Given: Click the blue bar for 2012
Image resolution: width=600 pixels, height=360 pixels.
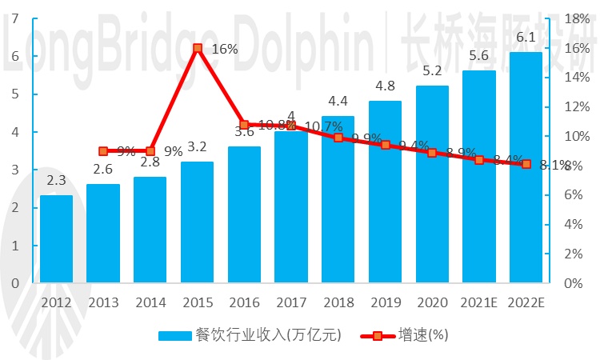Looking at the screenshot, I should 56,238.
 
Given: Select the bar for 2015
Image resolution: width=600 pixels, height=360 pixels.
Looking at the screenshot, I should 197,222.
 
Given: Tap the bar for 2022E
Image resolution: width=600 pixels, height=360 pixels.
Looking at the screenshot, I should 526,167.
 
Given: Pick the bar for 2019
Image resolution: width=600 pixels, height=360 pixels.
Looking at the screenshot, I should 385,191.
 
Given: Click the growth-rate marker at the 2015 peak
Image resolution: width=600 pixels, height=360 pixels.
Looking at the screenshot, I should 197,49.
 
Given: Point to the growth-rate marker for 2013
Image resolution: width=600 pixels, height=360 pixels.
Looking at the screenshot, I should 103,151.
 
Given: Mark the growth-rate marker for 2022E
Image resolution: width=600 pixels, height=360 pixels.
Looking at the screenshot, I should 526,164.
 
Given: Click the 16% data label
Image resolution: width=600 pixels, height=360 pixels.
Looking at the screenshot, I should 226,49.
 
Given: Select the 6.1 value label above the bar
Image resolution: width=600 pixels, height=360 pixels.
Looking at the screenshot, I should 526,38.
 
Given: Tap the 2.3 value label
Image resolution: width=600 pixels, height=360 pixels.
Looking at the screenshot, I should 56,182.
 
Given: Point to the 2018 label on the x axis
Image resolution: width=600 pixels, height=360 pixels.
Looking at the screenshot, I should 338,302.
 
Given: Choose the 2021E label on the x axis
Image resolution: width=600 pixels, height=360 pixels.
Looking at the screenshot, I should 478,302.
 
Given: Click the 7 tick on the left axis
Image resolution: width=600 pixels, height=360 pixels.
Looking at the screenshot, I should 14,18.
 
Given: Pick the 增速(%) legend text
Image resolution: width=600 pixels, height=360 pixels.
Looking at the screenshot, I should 420,334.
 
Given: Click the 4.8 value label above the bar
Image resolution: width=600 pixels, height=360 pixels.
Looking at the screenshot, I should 385,86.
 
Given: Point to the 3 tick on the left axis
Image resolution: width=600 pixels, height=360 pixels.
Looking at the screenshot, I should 14,170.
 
